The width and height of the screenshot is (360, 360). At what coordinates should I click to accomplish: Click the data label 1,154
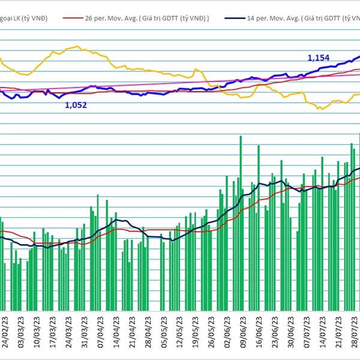click(x=319, y=58)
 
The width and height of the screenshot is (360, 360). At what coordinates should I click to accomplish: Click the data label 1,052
click(x=76, y=105)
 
